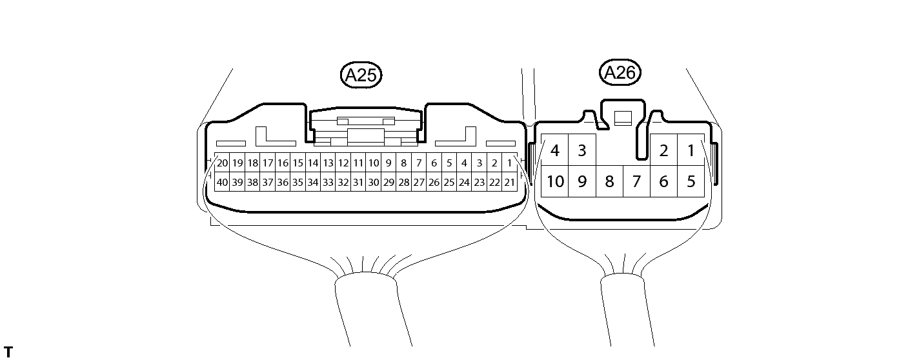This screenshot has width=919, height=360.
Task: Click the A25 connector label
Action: click(361, 75)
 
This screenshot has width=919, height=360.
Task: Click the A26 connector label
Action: click(621, 73)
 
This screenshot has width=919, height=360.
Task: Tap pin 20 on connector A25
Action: click(222, 163)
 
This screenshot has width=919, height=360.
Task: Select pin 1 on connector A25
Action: click(510, 163)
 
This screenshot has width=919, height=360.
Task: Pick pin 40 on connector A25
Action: click(222, 183)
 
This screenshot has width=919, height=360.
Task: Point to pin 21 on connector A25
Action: click(510, 183)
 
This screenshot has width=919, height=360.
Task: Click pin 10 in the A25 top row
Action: click(374, 163)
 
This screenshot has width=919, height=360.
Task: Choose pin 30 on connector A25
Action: click(374, 183)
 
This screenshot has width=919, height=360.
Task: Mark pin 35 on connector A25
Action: click(298, 183)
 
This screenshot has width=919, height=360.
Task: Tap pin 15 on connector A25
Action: click(298, 163)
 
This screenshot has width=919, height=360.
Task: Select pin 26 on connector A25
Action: click(434, 183)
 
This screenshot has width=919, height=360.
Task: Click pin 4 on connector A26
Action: click(554, 151)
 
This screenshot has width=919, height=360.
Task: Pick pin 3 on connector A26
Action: click(581, 151)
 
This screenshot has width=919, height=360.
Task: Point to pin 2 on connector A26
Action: click(663, 151)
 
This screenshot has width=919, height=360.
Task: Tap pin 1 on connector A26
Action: click(691, 151)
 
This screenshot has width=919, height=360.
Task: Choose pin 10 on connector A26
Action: click(554, 182)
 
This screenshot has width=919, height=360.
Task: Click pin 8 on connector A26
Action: click(609, 182)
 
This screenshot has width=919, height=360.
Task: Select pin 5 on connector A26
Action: click(691, 182)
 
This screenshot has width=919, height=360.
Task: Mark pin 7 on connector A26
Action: click(636, 182)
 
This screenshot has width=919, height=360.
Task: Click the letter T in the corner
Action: click(8, 352)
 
